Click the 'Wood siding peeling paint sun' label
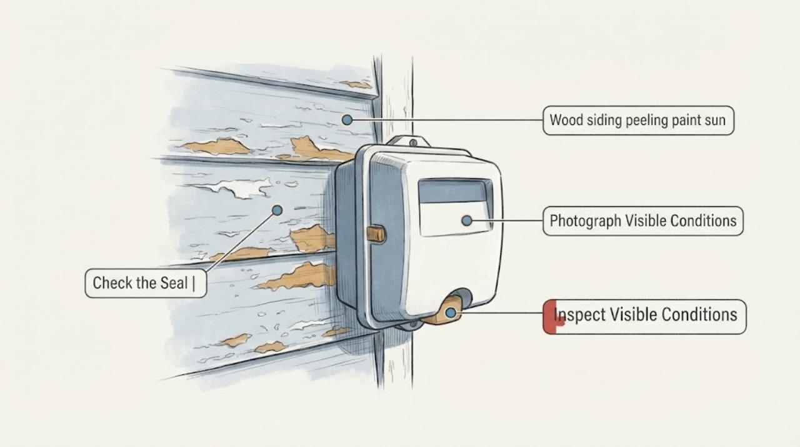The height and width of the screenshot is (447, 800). tap(638, 121)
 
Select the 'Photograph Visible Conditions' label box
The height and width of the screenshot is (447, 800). tap(643, 221)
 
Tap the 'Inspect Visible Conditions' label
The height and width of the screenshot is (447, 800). tap(644, 316)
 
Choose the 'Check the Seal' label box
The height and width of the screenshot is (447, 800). tap(146, 283)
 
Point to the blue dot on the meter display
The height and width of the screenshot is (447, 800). tap(466, 221)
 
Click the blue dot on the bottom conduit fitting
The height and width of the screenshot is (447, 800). tap(451, 313)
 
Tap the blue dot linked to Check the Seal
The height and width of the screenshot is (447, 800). tap(277, 210)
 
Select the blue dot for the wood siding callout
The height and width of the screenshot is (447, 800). tap(347, 120)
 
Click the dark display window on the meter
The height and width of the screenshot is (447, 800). tap(454, 191)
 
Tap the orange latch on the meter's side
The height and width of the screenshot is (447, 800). tap(376, 234)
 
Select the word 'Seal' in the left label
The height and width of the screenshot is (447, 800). tap(174, 283)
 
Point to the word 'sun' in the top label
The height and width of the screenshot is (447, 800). tap(715, 121)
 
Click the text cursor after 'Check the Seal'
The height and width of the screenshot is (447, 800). tap(194, 283)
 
